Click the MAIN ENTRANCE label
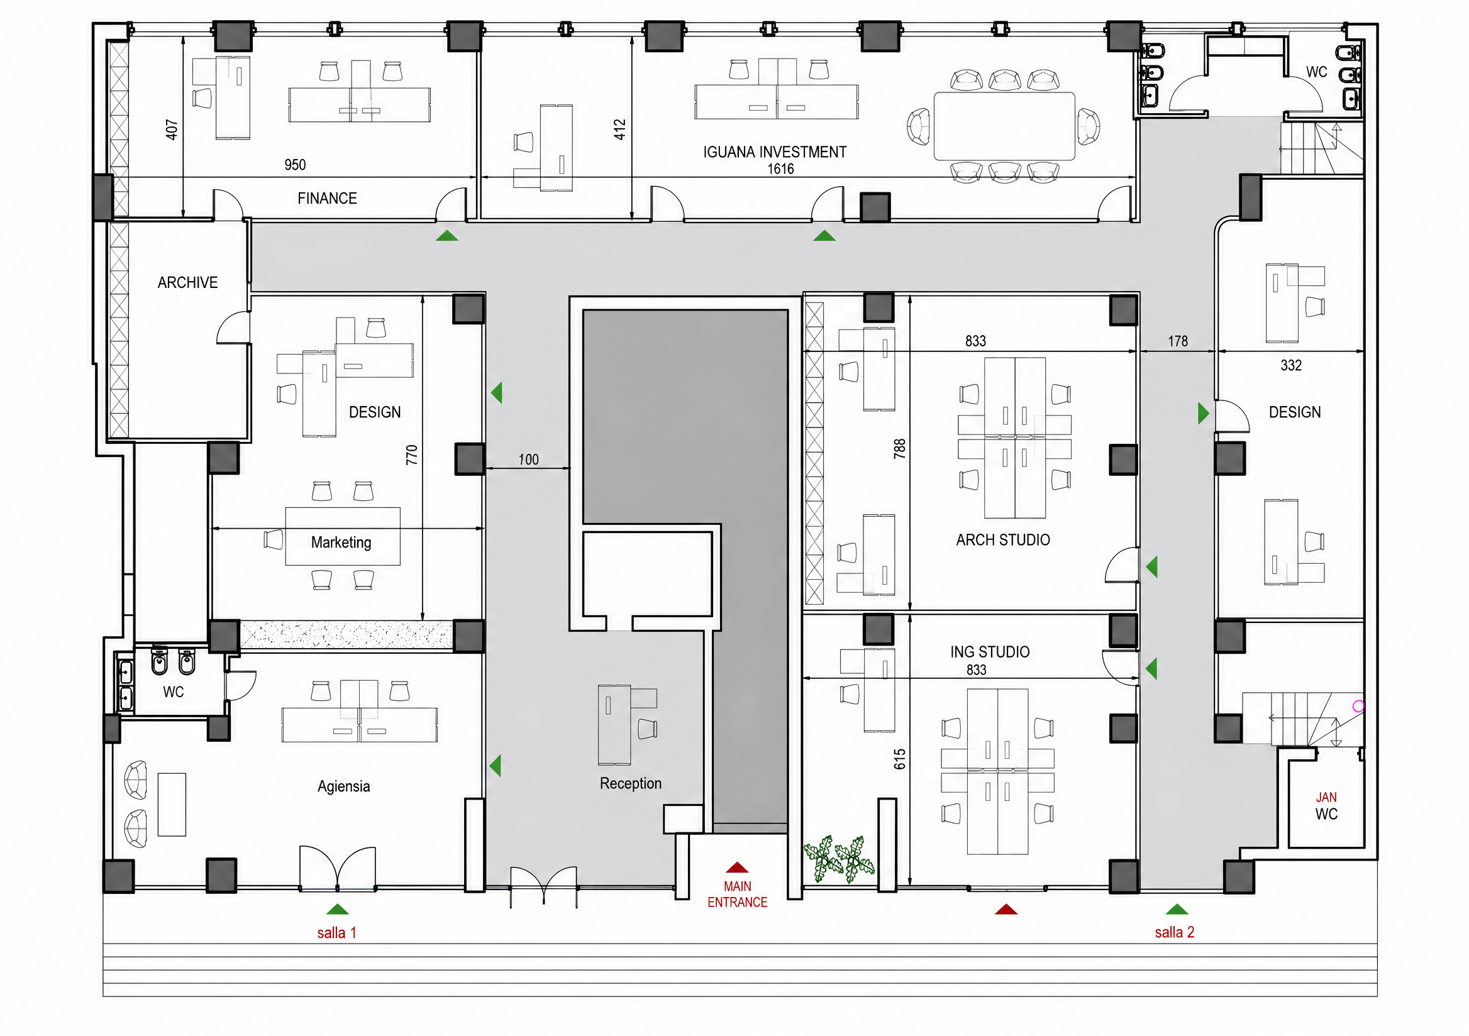[737, 894]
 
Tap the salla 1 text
[336, 932]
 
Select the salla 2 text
[1174, 932]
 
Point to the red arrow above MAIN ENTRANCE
[737, 867]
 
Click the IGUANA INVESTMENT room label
[775, 152]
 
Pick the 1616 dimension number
[780, 169]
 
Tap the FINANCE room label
[327, 198]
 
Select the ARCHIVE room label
[187, 283]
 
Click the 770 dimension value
[411, 455]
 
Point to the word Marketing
[341, 543]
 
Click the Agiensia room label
[343, 786]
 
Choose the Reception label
[630, 783]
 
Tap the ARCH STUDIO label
[1002, 540]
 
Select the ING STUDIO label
[990, 652]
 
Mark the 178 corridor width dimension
[1177, 341]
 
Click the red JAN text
[1326, 798]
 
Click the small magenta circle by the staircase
[1358, 706]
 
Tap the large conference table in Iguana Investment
[1004, 126]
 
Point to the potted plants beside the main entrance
[839, 859]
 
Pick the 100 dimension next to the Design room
[528, 459]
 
